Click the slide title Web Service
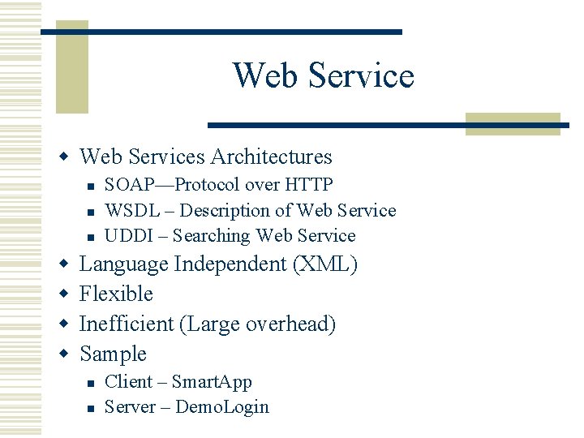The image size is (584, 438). [x=323, y=75]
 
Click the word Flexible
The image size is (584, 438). [x=116, y=294]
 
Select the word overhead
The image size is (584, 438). [x=290, y=324]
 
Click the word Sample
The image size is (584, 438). [x=113, y=354]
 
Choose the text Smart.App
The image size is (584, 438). [x=212, y=381]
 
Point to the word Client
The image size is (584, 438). [x=128, y=381]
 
